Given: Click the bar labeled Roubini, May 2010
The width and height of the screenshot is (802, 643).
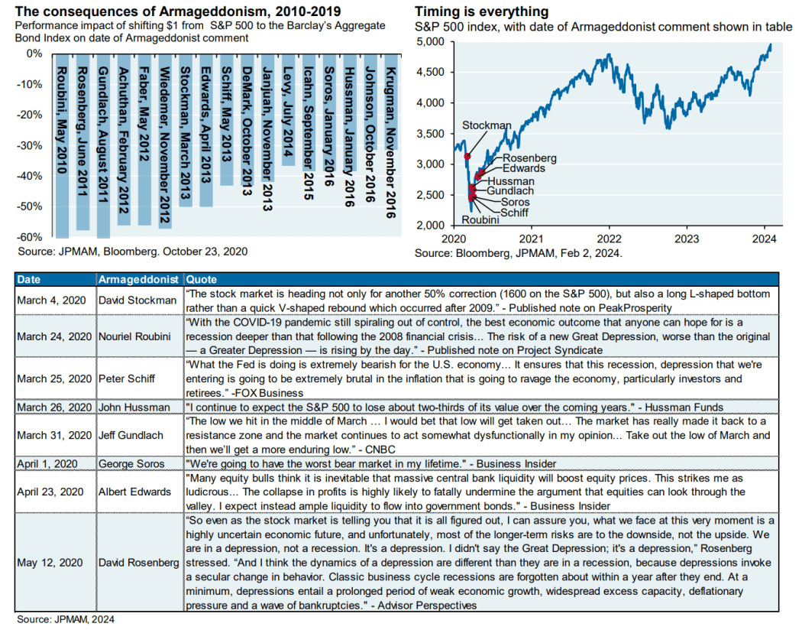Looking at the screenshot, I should pyautogui.click(x=63, y=145).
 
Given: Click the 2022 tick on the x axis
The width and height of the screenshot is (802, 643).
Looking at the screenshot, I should pyautogui.click(x=609, y=239).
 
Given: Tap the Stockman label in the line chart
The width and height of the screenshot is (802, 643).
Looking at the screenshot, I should pyautogui.click(x=487, y=125).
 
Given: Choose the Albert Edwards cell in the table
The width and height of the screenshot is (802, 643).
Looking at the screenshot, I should pyautogui.click(x=135, y=491).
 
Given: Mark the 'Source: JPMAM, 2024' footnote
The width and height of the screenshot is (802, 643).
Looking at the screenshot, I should pyautogui.click(x=65, y=619).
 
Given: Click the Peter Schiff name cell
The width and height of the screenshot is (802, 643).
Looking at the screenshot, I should pyautogui.click(x=128, y=378).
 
